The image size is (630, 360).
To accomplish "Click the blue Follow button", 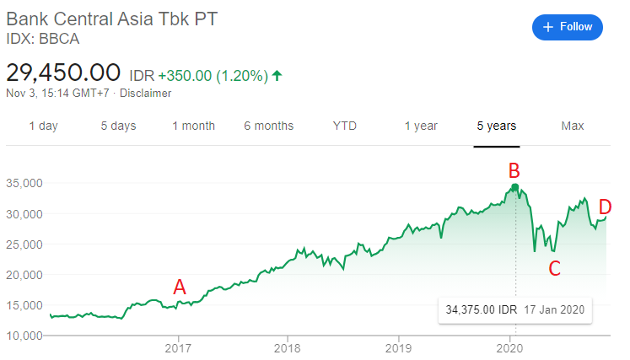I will [568, 27].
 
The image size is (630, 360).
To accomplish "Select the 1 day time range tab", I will [43, 126].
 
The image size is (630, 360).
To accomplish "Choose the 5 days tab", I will [118, 126].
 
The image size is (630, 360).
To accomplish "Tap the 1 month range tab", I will [194, 126].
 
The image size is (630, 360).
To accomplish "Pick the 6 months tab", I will [269, 126].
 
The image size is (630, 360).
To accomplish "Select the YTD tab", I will [344, 126].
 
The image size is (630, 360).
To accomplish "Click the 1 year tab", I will [420, 126].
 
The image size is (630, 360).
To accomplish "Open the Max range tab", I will [573, 126].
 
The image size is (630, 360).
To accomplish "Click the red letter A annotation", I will [179, 287].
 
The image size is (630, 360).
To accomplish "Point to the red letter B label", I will [513, 171].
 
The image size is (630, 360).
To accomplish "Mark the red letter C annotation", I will [554, 269].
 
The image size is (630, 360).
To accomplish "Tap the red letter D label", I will [605, 207].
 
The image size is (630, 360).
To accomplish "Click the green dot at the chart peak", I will [515, 186].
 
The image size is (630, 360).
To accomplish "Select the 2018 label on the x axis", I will [288, 347].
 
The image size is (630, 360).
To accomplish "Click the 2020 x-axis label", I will [509, 347].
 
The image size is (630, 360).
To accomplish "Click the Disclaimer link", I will [147, 94].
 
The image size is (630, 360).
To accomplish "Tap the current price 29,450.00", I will [64, 73].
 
